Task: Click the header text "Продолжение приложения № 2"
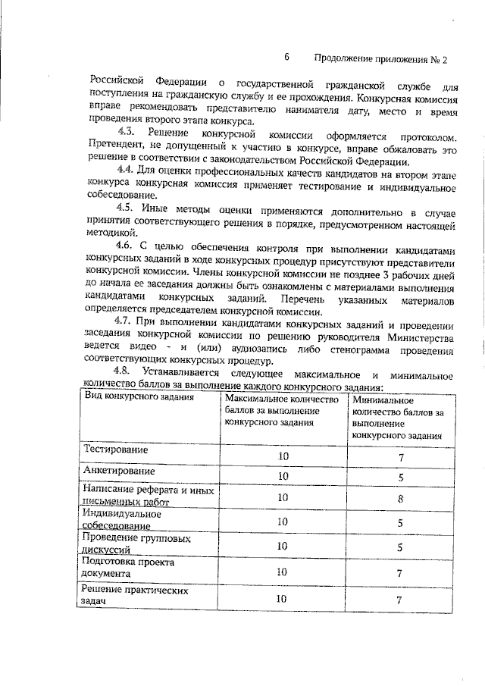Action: click(380, 59)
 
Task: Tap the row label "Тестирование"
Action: click(115, 450)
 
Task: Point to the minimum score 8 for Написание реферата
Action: click(399, 498)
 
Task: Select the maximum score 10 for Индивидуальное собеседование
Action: click(283, 522)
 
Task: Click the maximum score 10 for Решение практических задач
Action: click(283, 600)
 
